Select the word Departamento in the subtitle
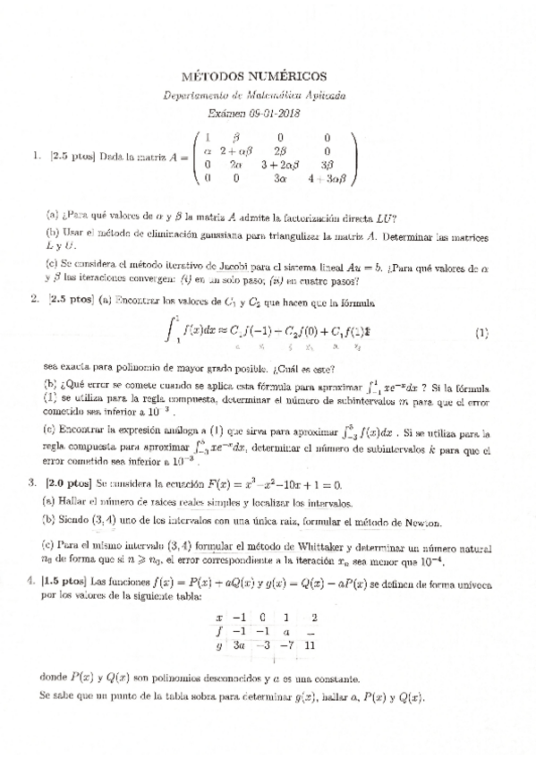[x=198, y=95]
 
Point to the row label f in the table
[x=219, y=630]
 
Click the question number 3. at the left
[x=34, y=482]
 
